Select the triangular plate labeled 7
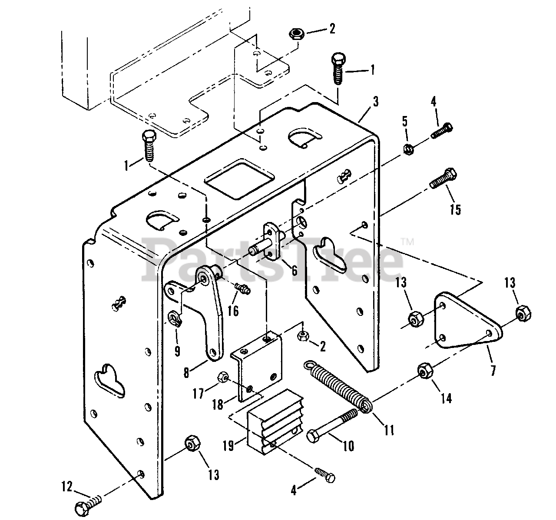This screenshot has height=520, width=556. [x=467, y=321]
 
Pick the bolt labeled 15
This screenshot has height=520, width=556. [x=443, y=179]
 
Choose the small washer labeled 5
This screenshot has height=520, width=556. [x=409, y=149]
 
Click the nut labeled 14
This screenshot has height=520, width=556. [x=425, y=371]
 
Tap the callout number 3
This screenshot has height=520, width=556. [x=375, y=103]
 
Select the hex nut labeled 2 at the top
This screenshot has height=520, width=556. [x=297, y=35]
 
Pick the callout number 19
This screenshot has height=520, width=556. [x=228, y=446]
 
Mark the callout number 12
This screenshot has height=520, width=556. [x=67, y=486]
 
